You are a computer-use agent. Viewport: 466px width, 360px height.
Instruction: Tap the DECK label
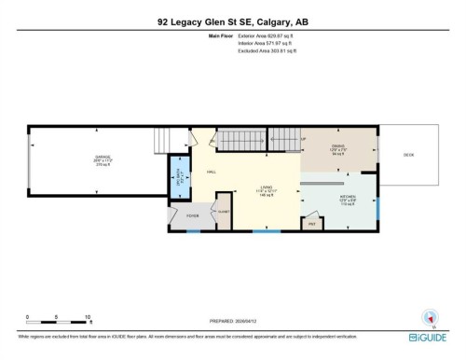409,156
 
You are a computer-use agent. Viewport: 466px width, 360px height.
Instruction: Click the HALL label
212,173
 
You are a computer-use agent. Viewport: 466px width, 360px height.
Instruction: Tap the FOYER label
193,215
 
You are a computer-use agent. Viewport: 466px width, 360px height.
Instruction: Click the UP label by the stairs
304,140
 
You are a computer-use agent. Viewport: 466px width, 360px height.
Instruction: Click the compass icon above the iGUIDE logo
430,316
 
